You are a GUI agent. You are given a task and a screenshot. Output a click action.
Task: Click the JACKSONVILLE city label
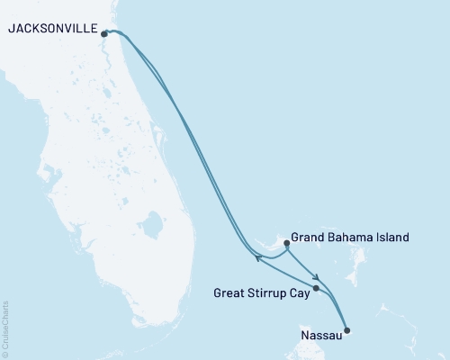[x=51, y=29]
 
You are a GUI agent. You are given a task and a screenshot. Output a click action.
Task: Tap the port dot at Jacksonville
[x=106, y=34]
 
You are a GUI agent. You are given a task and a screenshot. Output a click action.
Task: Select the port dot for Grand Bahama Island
[x=286, y=242]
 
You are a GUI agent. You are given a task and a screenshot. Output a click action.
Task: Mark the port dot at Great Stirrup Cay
[x=315, y=289]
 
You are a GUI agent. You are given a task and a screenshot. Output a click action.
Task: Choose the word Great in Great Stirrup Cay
[x=231, y=292]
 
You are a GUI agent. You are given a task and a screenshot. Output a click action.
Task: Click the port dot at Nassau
[x=348, y=330]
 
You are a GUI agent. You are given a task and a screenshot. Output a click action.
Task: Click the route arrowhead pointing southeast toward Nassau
[x=314, y=276]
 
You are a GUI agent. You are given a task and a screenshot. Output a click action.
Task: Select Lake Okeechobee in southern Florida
[x=151, y=221]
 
